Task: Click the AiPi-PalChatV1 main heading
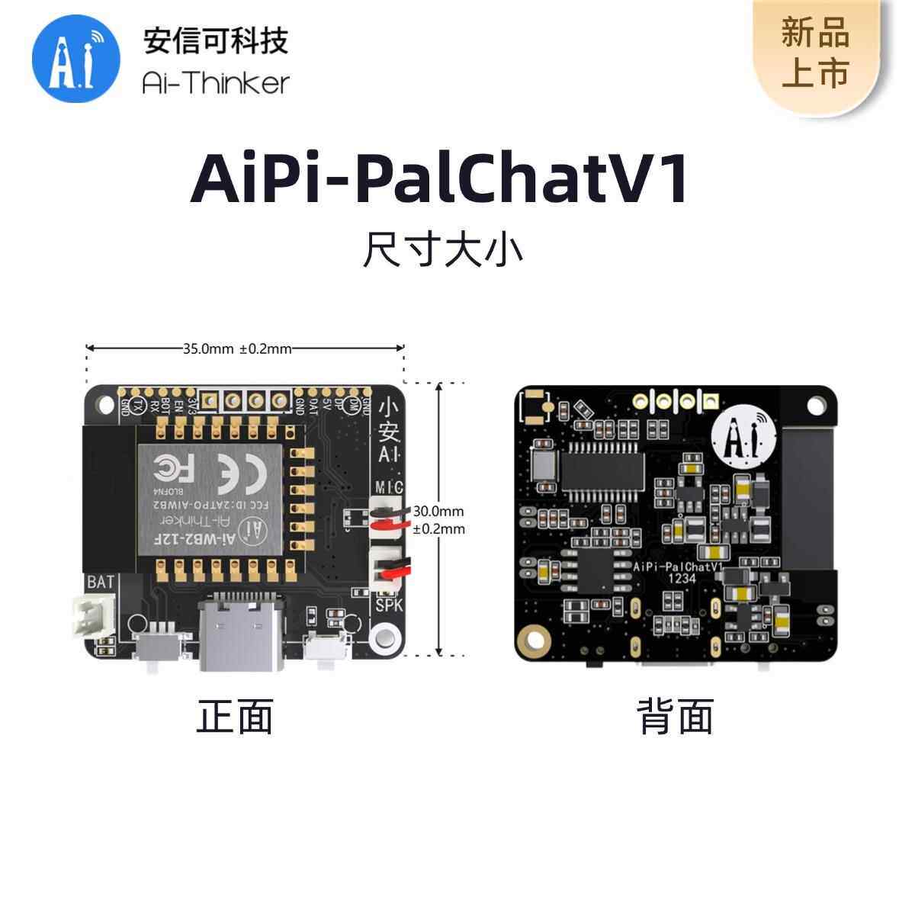pyautogui.click(x=440, y=180)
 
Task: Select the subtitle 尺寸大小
pyautogui.click(x=443, y=250)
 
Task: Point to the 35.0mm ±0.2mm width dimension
pyautogui.click(x=237, y=349)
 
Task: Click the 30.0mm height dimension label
pyautogui.click(x=438, y=512)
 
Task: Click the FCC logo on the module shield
pyautogui.click(x=172, y=466)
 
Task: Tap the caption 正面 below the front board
pyautogui.click(x=235, y=717)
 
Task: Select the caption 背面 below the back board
pyautogui.click(x=675, y=717)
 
